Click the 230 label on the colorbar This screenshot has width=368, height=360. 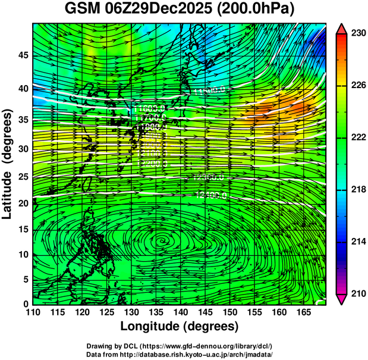[357, 33]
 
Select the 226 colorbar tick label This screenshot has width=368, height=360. [357, 85]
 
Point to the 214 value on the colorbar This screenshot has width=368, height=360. [357, 242]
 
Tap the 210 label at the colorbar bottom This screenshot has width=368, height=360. [357, 293]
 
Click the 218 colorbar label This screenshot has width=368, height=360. [357, 189]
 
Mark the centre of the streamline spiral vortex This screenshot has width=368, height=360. [161, 240]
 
